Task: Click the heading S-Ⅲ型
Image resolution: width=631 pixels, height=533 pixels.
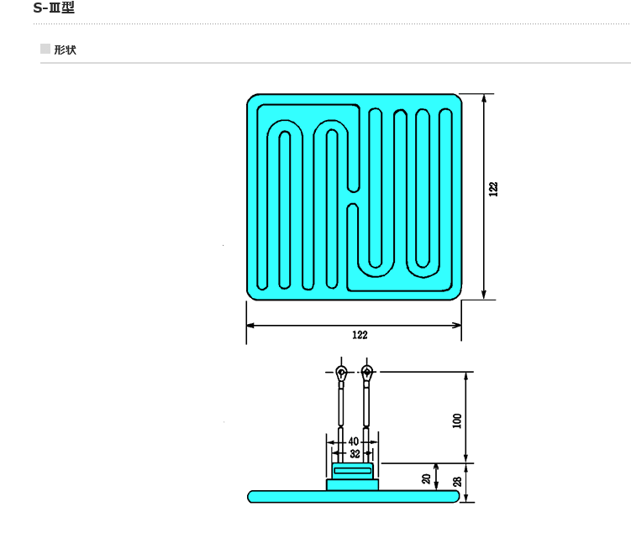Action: coord(54,8)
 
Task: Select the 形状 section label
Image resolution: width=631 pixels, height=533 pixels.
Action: coord(65,50)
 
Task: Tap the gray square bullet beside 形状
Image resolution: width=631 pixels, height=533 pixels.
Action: coord(45,50)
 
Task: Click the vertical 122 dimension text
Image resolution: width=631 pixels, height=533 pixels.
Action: coord(493,189)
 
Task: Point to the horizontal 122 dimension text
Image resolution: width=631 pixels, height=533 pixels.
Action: coord(360,335)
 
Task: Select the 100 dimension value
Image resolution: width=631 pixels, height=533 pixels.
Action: coord(458,419)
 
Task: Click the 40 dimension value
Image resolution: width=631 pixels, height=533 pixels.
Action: coord(353,442)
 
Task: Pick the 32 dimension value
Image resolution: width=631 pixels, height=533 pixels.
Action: coord(354,453)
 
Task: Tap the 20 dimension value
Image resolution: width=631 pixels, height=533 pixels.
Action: coord(426,478)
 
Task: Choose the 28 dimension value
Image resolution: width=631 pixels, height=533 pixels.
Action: coord(458,481)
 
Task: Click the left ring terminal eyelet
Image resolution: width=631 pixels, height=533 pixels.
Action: coord(341,372)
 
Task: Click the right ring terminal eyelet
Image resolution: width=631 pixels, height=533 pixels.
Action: coord(366,372)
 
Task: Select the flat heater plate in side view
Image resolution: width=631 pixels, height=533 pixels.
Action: coord(354,496)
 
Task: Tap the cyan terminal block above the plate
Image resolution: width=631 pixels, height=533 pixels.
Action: coord(354,477)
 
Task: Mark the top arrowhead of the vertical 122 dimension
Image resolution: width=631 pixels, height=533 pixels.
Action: coord(484,98)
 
